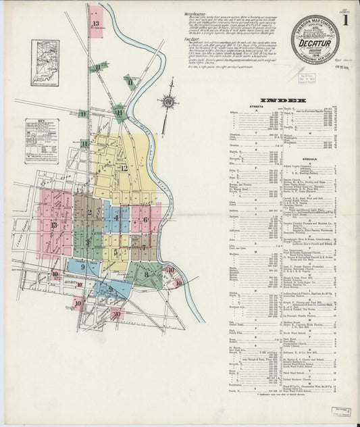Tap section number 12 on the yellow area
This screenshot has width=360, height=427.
pos(124,168)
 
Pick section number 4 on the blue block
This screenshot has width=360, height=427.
pos(117,218)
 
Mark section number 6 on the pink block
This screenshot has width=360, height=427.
pos(144,220)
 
